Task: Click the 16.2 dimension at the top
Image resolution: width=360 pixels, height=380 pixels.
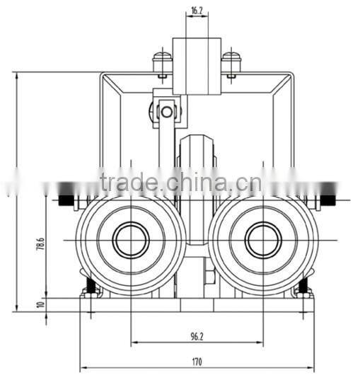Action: [197, 11]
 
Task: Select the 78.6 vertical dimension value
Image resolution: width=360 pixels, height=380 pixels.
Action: [40, 245]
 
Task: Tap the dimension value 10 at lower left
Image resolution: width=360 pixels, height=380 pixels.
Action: [40, 304]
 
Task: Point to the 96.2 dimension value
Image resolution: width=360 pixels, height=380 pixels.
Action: [197, 336]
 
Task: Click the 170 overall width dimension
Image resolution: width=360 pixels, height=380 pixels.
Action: [197, 362]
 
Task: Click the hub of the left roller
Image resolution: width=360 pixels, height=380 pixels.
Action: [131, 241]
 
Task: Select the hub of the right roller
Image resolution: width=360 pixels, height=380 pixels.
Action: [262, 241]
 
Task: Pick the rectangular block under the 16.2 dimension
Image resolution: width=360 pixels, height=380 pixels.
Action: [197, 65]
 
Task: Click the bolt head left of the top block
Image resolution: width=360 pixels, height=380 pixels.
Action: [162, 59]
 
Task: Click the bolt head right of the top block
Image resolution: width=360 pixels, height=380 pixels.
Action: [231, 59]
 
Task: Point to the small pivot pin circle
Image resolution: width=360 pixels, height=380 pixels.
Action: [166, 111]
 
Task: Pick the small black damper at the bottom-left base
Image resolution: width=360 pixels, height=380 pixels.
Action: [90, 287]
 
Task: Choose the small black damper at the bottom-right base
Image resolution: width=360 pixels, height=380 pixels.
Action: [303, 287]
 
